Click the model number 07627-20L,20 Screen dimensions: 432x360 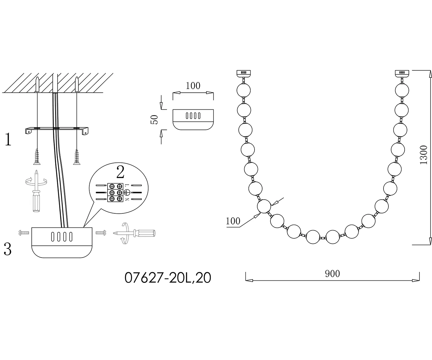click(x=168, y=278)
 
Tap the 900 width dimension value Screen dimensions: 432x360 click(x=332, y=274)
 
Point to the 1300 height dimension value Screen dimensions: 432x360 click(x=423, y=155)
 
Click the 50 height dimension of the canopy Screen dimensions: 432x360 click(x=154, y=119)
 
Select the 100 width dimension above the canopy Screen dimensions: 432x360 click(x=193, y=86)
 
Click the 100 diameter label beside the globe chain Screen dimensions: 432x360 click(x=233, y=221)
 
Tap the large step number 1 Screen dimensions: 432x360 click(x=8, y=139)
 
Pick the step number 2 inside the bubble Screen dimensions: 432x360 click(x=120, y=172)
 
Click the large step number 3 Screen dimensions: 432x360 click(x=8, y=249)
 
